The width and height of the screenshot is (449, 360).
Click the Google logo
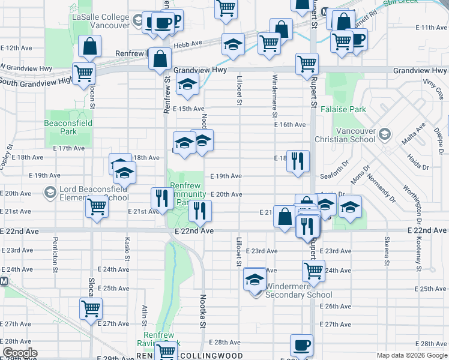point(20,353)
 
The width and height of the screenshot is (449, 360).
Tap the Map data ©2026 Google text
point(411,355)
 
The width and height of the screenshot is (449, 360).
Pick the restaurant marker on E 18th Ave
point(298,161)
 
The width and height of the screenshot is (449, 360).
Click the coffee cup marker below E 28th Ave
point(301,345)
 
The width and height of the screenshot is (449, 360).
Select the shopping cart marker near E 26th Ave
point(91,308)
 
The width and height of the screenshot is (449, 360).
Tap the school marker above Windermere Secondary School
point(255,280)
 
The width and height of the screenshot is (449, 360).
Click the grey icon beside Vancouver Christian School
point(385,133)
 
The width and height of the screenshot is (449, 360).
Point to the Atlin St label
point(145,315)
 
